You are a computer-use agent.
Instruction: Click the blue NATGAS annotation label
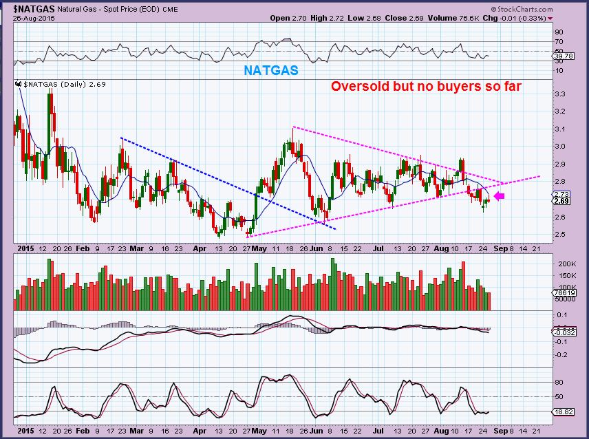272,71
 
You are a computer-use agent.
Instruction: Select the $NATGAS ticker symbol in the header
27,8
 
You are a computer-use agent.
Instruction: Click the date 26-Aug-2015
28,17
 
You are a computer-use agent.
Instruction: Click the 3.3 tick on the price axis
559,94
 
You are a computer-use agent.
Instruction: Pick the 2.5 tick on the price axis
559,235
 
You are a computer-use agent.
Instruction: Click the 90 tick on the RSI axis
559,32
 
